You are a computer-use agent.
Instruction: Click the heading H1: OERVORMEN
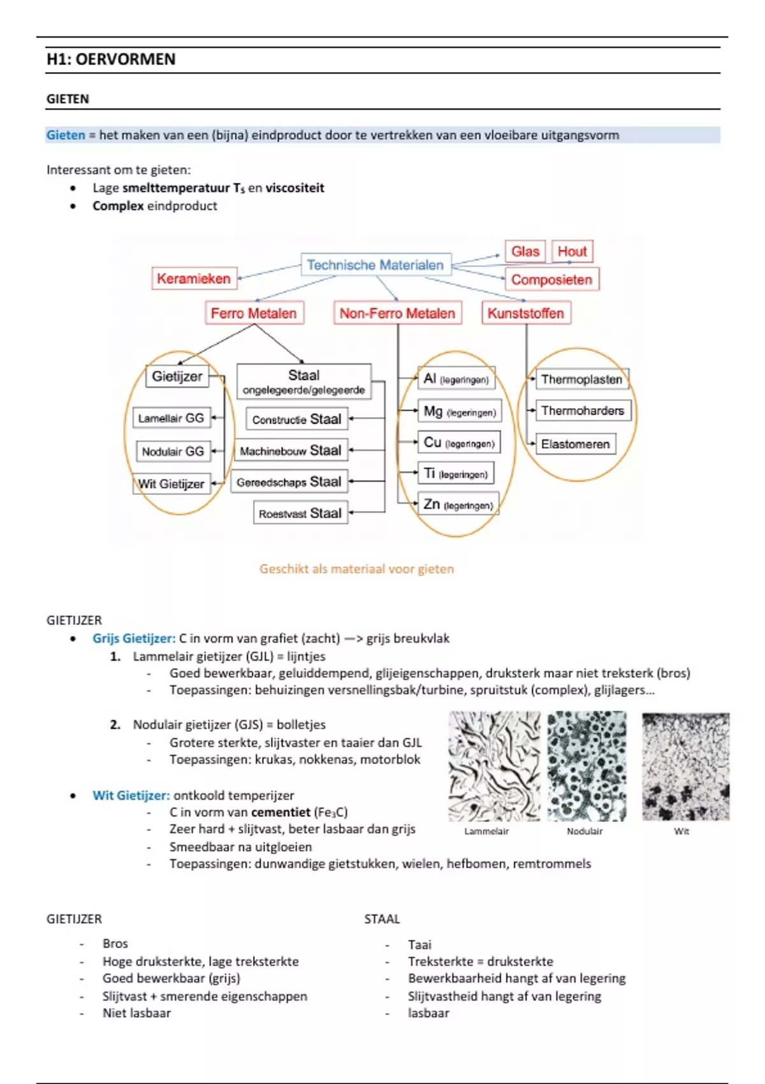[111, 59]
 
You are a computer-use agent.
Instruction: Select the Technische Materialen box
[375, 265]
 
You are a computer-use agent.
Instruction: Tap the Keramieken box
[194, 279]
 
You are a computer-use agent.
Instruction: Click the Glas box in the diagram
[525, 251]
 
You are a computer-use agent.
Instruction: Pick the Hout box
[572, 251]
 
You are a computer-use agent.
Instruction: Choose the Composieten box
[551, 279]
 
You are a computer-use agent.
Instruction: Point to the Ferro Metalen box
[254, 313]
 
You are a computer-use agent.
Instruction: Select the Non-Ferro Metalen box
[397, 313]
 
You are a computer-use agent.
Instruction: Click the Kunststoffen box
[526, 313]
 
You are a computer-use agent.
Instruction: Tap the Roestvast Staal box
[300, 513]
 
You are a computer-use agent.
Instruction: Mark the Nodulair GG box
[173, 451]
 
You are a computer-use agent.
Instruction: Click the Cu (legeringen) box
[459, 443]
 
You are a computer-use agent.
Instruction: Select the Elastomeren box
[575, 444]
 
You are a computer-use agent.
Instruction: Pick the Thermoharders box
[583, 411]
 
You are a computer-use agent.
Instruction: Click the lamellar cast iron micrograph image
[493, 766]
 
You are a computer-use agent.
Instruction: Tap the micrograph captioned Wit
[685, 766]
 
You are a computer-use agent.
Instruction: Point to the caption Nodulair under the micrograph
[585, 831]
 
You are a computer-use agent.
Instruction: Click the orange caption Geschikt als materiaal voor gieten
[356, 569]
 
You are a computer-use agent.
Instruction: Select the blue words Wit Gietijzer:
[131, 795]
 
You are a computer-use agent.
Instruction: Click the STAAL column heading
[382, 919]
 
